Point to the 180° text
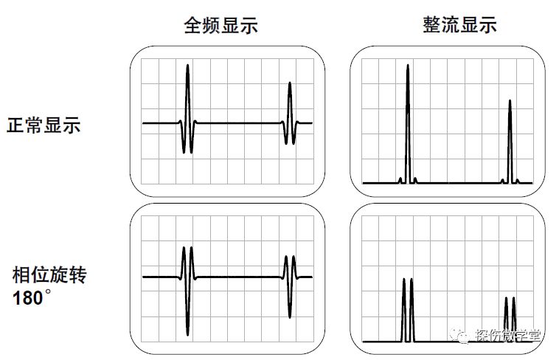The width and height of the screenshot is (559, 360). click(x=34, y=299)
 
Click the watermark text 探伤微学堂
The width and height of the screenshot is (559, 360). click(x=509, y=336)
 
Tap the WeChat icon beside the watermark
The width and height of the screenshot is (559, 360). click(x=461, y=336)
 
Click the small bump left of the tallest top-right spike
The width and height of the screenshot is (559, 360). click(x=400, y=179)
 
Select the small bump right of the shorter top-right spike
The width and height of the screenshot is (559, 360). click(x=518, y=180)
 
